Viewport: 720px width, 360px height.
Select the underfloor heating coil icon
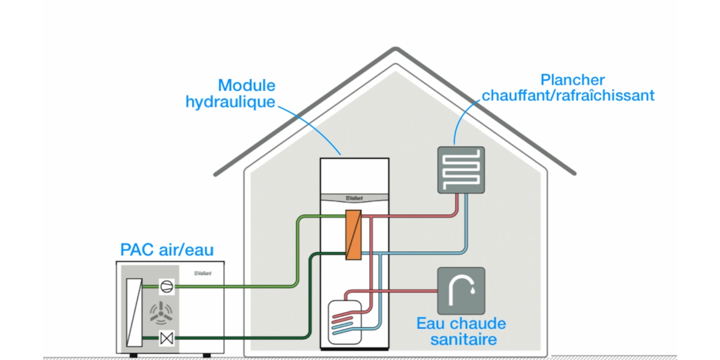point(461,170)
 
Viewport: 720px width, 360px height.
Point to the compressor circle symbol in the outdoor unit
point(166,287)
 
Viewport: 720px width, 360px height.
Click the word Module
point(247,85)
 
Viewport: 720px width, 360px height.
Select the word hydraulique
point(230,102)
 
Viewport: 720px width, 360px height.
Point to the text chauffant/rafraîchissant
point(568,95)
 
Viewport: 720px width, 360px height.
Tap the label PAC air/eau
point(167,249)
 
